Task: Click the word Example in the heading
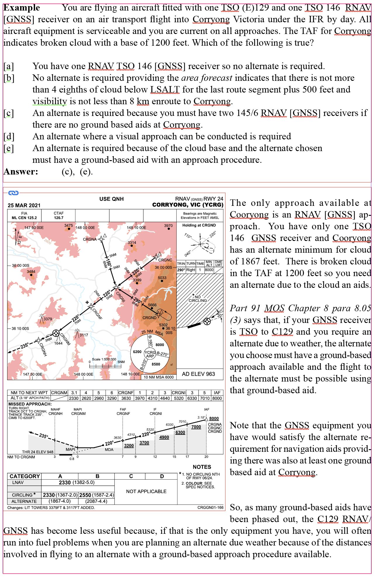[22, 8]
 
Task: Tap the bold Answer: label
[21, 172]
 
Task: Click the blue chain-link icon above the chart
[13, 193]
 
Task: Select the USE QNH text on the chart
[111, 199]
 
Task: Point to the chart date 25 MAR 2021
[24, 205]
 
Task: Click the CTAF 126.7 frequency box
[58, 216]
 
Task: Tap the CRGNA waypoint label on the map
[90, 239]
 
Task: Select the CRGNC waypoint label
[165, 260]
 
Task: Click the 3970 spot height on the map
[168, 226]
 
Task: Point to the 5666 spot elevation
[152, 305]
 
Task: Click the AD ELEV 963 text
[198, 374]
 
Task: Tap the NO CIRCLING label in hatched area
[198, 299]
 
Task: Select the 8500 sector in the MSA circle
[156, 364]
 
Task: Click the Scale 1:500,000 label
[104, 359]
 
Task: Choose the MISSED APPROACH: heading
[30, 404]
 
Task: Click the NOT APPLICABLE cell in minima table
[146, 491]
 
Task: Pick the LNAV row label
[18, 482]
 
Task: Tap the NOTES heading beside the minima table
[202, 467]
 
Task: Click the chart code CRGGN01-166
[210, 507]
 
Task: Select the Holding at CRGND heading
[199, 225]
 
